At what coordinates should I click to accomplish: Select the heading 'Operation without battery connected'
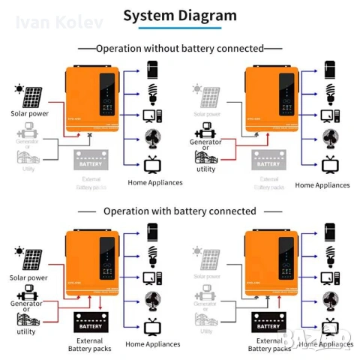pyautogui.click(x=180, y=48)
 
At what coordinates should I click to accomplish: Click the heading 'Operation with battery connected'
pyautogui.click(x=180, y=211)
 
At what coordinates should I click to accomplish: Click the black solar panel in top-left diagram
pyautogui.click(x=32, y=98)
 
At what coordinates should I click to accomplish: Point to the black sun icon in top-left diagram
pyautogui.click(x=17, y=90)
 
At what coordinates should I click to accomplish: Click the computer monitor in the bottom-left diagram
pyautogui.click(x=152, y=278)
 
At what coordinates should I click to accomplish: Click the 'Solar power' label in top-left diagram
pyautogui.click(x=28, y=114)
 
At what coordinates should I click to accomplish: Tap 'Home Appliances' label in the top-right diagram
pyautogui.click(x=322, y=184)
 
